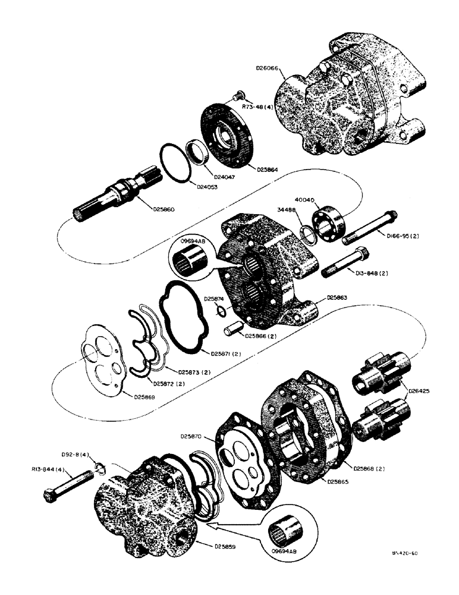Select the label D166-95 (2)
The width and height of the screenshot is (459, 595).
pos(403,236)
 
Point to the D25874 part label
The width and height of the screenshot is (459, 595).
pos(215,299)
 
